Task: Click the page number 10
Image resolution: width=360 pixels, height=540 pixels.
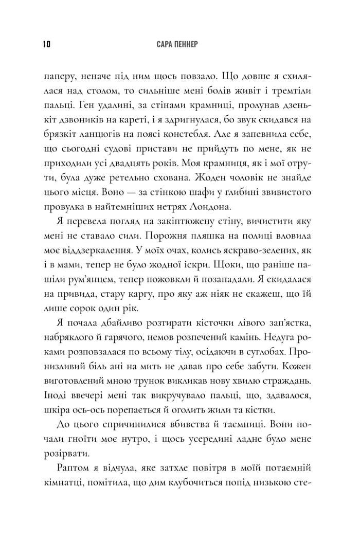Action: pyautogui.click(x=40, y=44)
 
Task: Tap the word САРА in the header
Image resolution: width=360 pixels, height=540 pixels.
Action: pyautogui.click(x=165, y=44)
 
